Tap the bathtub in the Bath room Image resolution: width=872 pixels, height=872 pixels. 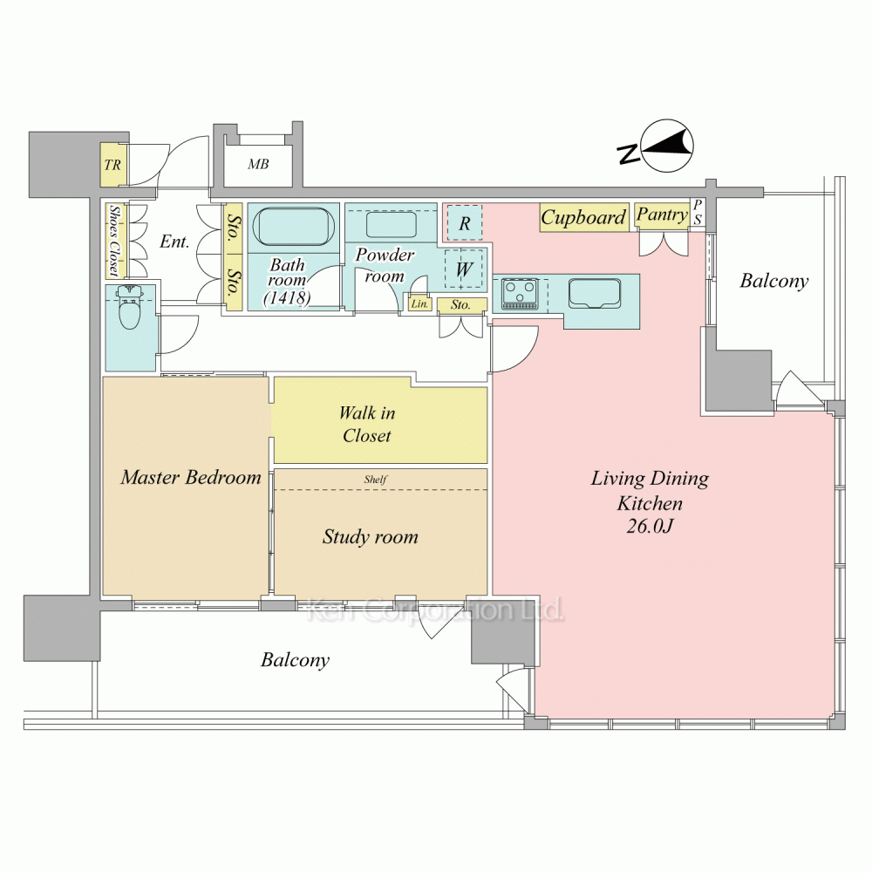(x=293, y=227)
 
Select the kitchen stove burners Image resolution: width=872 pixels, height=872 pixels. (x=520, y=293)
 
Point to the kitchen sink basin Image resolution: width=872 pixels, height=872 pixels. (x=594, y=292)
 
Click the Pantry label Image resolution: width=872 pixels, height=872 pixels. (x=662, y=215)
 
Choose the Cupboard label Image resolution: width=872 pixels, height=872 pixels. (x=583, y=217)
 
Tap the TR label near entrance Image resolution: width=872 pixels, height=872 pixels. (x=112, y=165)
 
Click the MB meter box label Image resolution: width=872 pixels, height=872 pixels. (x=258, y=164)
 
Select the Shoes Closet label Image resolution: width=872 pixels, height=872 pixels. (x=114, y=241)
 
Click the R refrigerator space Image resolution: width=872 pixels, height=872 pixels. (x=465, y=223)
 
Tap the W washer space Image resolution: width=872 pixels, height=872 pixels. (x=464, y=269)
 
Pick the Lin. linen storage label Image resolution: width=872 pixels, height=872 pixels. (x=420, y=304)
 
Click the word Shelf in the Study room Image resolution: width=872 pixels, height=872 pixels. (x=375, y=479)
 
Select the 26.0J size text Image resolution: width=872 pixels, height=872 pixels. (x=650, y=526)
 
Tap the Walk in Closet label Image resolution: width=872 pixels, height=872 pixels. (x=367, y=424)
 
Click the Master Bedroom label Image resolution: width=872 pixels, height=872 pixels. (x=191, y=477)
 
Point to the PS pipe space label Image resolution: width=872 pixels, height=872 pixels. (x=698, y=213)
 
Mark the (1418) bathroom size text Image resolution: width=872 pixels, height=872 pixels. (x=287, y=298)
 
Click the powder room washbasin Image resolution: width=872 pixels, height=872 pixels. (x=391, y=226)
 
